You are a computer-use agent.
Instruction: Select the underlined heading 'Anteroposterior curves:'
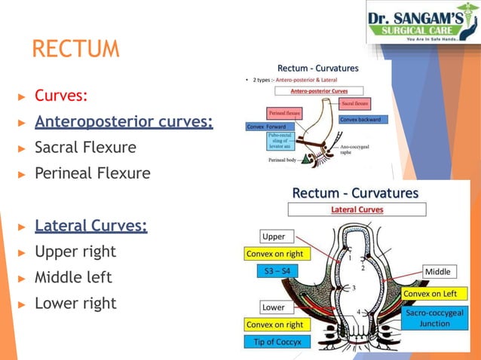124,121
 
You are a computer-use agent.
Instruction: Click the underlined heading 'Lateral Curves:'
91,225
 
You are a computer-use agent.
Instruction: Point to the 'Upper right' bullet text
75,251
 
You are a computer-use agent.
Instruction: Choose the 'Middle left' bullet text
73,277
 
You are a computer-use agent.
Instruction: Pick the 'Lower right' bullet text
75,304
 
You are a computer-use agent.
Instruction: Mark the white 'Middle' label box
439,271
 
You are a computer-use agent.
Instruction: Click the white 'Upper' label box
273,236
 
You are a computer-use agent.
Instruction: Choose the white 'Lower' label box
273,307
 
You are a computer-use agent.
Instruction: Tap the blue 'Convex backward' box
363,119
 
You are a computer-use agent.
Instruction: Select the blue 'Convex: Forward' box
266,127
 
